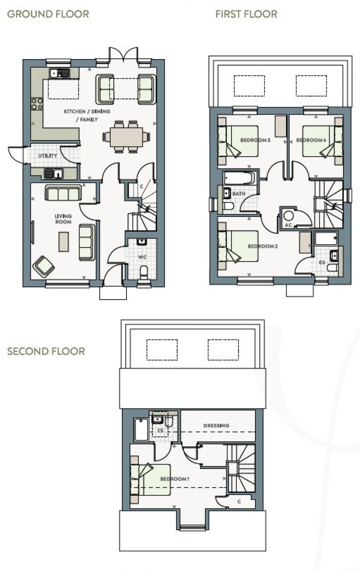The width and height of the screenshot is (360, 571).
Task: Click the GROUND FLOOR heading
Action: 48,14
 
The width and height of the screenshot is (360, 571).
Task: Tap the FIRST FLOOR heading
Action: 246,14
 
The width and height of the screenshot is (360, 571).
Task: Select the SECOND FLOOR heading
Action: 46,351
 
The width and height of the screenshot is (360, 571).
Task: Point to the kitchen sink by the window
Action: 60,73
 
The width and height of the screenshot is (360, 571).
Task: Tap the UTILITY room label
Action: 47,156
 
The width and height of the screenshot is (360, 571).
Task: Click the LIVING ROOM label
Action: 63,219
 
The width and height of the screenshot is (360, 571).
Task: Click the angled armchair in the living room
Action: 44,266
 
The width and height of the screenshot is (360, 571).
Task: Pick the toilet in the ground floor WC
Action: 144,272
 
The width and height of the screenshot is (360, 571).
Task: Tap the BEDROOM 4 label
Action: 310,140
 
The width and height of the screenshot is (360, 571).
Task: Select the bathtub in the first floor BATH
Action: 239,178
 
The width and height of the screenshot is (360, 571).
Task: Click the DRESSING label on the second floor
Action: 216,426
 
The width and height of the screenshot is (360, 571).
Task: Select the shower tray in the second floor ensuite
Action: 141,429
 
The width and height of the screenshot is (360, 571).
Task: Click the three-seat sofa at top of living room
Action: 63,193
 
